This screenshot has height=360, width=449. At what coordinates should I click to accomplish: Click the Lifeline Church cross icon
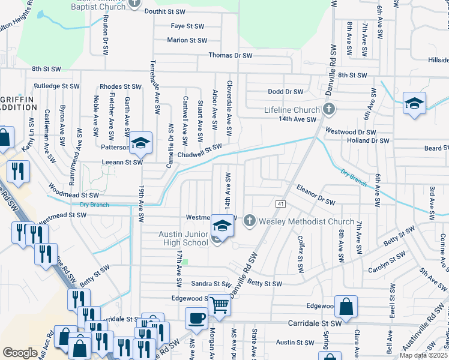tap(328, 110)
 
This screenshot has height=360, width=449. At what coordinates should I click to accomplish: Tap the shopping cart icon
tap(219, 305)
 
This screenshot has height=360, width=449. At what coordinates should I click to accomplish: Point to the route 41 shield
tap(280, 205)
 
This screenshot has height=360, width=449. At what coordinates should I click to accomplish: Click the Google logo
tap(20, 352)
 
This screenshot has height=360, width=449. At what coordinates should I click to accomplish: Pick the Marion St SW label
tap(187, 41)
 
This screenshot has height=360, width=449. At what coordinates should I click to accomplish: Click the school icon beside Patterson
tap(140, 143)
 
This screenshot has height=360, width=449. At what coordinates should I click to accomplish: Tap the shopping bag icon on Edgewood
tap(346, 307)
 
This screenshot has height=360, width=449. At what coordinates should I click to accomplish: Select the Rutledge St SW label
tap(56, 86)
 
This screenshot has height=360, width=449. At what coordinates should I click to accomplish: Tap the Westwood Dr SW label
tap(351, 131)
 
